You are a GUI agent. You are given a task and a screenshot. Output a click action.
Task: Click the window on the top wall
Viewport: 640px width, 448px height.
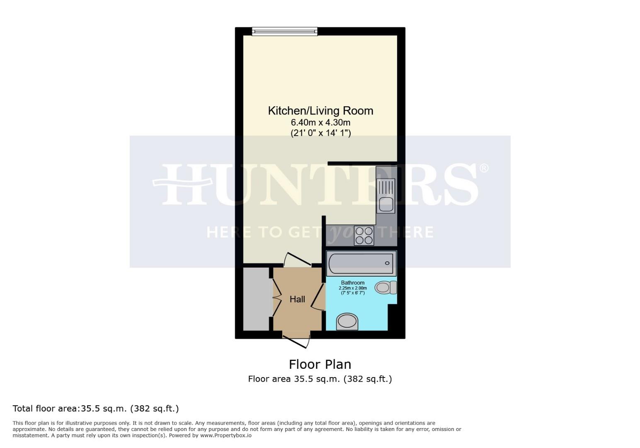284,32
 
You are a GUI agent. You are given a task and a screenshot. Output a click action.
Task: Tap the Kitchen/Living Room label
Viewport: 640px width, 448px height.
320,111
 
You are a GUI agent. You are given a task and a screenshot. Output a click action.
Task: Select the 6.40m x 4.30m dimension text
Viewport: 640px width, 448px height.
320,122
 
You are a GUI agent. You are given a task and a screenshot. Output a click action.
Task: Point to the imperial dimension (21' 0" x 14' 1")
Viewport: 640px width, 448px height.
320,133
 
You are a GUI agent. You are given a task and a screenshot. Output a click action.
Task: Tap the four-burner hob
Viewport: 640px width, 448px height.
364,236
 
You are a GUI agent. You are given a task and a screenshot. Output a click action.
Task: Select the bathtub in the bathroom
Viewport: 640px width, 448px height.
360,263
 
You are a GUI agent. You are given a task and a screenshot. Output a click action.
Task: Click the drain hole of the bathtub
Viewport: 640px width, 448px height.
387,263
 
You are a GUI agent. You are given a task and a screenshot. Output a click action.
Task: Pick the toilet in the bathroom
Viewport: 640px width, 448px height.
386,287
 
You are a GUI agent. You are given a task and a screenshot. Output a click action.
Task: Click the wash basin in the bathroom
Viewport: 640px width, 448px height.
347,321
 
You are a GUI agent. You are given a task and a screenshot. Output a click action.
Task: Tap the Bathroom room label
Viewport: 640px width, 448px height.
353,283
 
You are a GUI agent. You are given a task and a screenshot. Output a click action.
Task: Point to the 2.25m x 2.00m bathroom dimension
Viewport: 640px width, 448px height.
353,288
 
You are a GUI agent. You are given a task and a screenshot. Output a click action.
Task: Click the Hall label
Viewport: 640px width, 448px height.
297,299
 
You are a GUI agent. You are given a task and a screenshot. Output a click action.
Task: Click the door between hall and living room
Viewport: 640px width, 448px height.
298,260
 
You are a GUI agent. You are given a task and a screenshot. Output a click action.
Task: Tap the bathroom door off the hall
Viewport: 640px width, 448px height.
318,297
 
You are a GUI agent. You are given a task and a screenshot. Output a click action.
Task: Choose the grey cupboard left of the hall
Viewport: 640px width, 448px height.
256,299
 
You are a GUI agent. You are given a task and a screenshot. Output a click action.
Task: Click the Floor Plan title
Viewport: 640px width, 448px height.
320,364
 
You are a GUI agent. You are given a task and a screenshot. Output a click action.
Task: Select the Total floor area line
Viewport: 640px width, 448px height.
96,409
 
